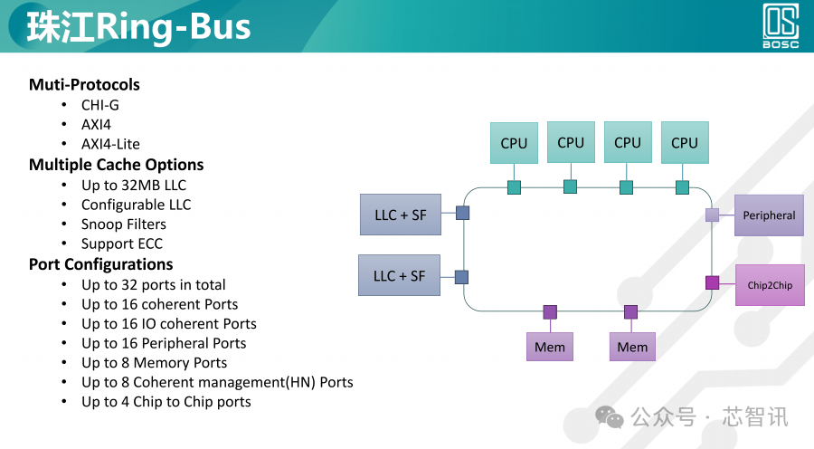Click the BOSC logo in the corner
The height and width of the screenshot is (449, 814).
pos(781,26)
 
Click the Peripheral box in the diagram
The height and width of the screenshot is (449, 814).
pos(769,215)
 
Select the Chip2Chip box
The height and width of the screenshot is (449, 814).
pos(769,285)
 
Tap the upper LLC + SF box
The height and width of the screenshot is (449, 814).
pos(401,215)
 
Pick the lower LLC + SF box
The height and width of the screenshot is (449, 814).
pos(400,276)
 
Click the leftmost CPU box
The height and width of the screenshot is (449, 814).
pos(514,143)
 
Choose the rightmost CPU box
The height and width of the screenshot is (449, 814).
pos(685,143)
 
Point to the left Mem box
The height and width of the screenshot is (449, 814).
pos(550,347)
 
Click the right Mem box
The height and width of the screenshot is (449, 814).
pos(632,347)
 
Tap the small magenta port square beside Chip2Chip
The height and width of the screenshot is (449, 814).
pos(712,282)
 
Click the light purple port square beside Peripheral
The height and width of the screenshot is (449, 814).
pos(712,215)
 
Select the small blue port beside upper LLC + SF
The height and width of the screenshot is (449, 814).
pos(462,214)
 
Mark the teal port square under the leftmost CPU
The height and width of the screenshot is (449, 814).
pos(514,187)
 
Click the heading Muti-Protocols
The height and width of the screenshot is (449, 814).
pos(84,85)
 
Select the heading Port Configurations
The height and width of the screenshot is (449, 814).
pos(100,264)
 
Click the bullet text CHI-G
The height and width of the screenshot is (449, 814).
pos(100,105)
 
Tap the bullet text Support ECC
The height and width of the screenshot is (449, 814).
pos(122,244)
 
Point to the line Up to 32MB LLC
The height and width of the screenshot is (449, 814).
pos(134,185)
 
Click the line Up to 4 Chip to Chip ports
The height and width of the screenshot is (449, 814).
pos(166,401)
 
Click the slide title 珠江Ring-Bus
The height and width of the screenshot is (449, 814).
pos(138,28)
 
